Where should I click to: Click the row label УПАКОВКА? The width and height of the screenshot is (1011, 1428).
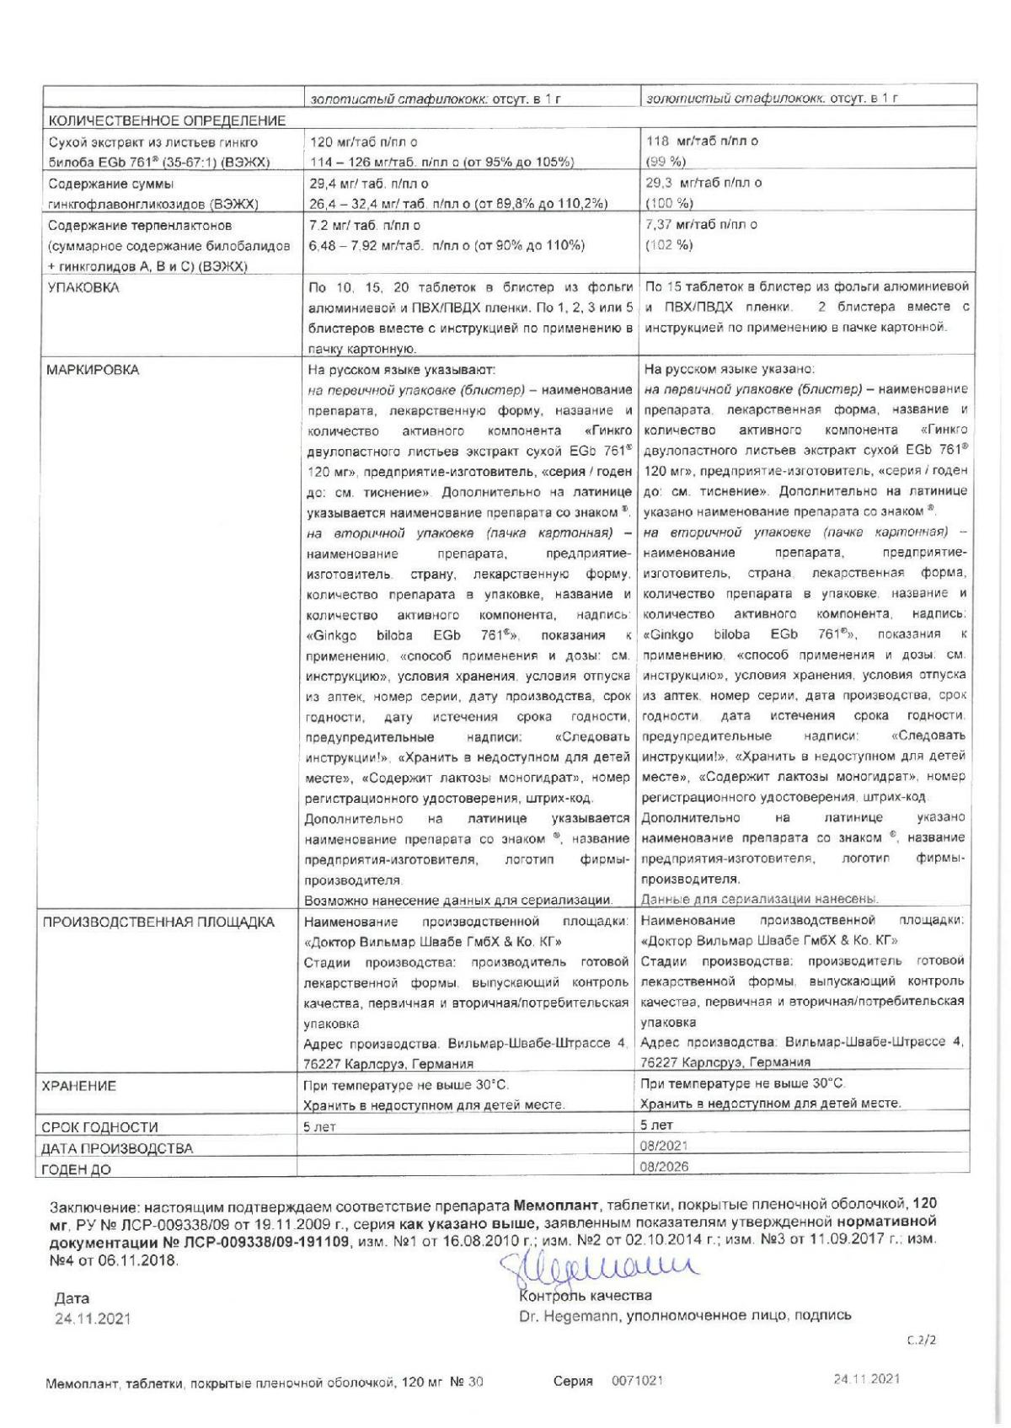[83, 287]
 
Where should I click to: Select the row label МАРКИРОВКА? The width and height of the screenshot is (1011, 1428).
[93, 370]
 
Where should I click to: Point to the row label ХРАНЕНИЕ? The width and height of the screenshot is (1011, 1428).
[78, 1086]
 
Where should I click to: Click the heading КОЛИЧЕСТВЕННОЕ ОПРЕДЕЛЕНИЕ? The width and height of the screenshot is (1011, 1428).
[166, 121]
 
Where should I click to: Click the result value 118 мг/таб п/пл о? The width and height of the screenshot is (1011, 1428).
[702, 142]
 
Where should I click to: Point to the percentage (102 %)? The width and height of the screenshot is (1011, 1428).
[669, 245]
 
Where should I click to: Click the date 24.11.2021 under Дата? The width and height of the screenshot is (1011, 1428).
[93, 1319]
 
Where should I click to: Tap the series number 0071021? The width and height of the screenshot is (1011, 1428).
[637, 1381]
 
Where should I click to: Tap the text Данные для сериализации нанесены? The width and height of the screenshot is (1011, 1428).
[760, 898]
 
